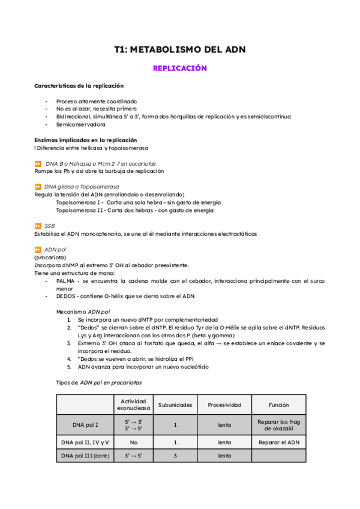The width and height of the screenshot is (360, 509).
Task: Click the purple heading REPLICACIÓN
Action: tap(179, 68)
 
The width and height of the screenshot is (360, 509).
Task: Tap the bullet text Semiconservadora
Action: tap(81, 125)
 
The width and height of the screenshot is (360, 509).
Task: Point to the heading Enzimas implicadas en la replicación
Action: tap(86, 140)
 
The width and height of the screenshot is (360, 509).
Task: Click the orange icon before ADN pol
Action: tap(37, 249)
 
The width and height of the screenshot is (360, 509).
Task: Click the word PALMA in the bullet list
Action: tap(67, 280)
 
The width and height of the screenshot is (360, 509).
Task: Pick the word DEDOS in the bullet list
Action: tap(67, 296)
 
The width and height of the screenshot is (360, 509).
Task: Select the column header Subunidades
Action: tap(175, 405)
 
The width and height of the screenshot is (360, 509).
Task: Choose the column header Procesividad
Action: tap(224, 405)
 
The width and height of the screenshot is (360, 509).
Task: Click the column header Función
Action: tap(278, 405)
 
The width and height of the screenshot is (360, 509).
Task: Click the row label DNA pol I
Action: tap(85, 425)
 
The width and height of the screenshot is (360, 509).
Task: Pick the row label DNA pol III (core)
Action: tap(85, 456)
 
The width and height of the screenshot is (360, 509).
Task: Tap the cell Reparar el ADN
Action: tap(278, 442)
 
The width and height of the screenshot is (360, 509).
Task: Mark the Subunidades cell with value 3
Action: tap(175, 456)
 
